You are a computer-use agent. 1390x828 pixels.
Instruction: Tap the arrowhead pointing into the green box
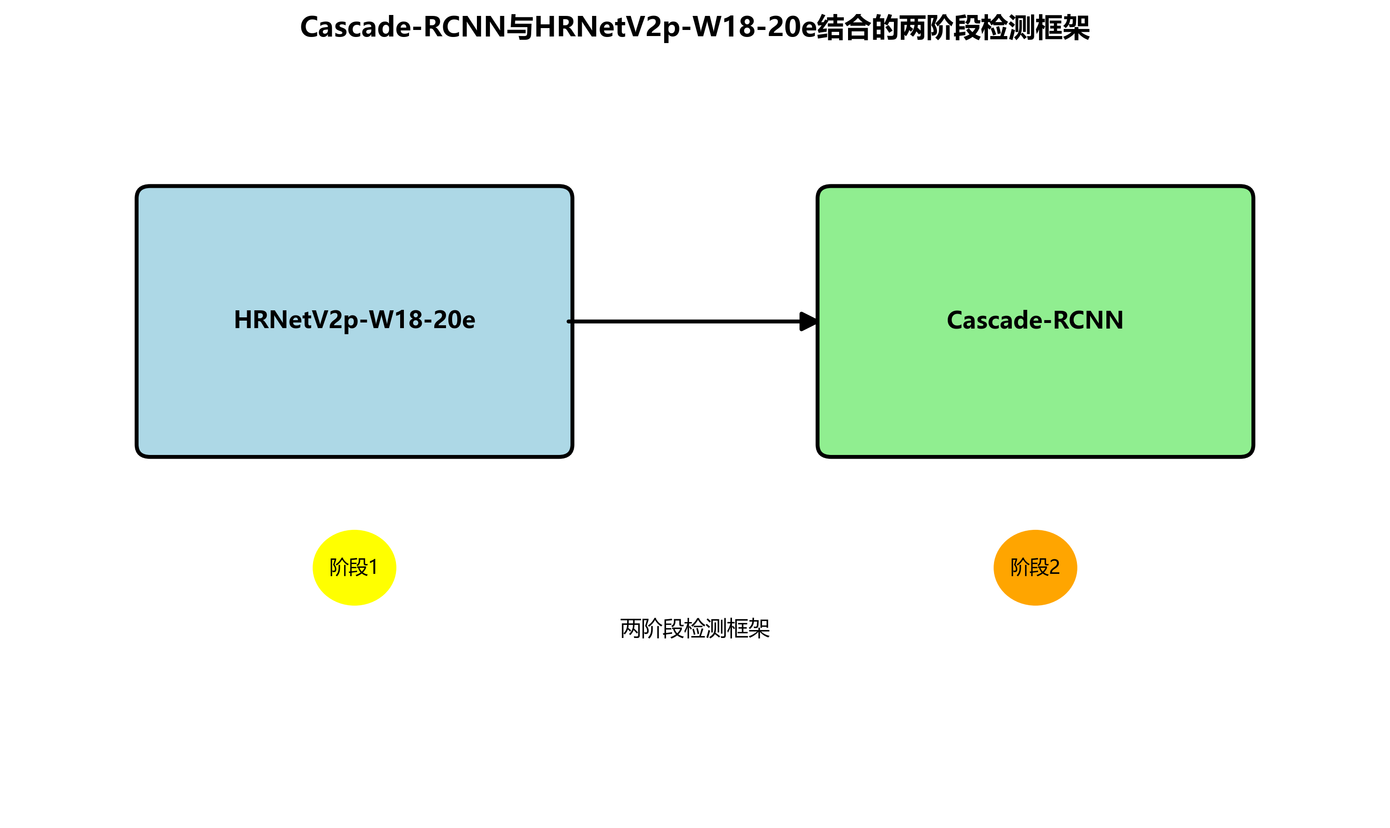(809, 322)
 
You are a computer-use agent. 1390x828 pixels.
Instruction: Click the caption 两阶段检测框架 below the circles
(695, 629)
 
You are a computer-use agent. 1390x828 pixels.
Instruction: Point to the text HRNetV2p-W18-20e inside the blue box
(354, 320)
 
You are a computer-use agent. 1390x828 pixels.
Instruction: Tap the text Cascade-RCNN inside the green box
(1035, 320)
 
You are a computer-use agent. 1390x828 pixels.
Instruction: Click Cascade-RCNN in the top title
(402, 27)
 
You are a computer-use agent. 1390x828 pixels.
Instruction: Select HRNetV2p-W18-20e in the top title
(675, 27)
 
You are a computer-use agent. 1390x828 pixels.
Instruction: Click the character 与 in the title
(520, 27)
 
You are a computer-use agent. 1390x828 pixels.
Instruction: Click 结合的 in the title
(857, 27)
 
